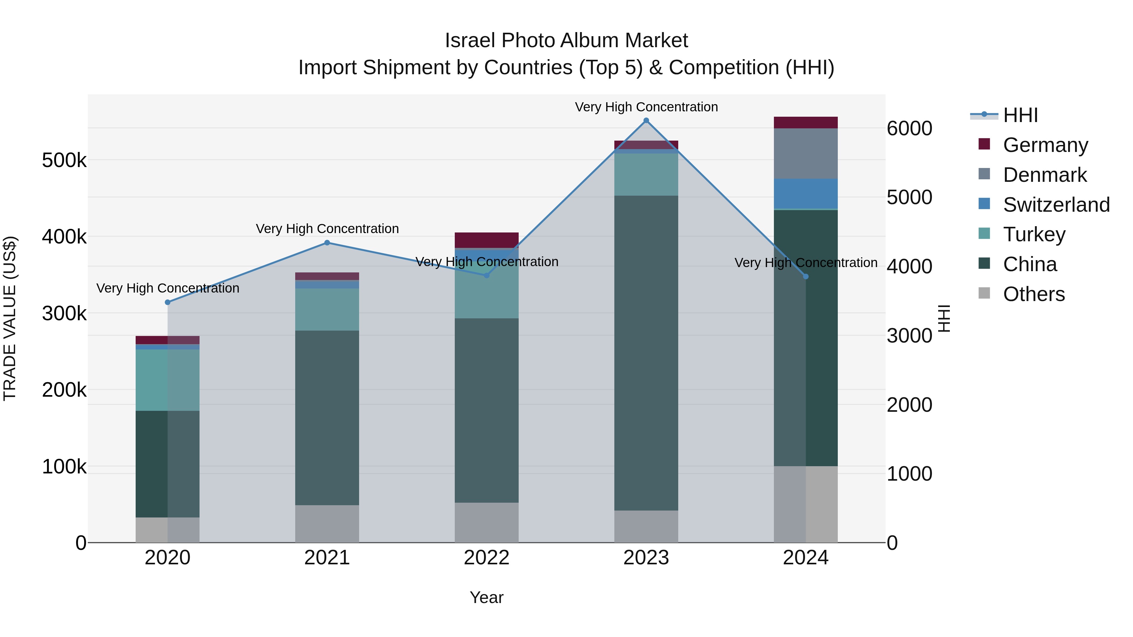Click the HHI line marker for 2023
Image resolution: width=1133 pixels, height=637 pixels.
(646, 120)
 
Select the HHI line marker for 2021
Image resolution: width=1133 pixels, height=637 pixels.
(327, 243)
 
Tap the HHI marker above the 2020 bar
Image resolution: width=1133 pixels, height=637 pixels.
(167, 302)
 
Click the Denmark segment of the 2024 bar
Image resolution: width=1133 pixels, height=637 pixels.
(805, 154)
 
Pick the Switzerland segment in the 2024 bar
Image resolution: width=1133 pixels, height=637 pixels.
(805, 193)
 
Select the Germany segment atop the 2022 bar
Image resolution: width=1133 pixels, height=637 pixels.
(487, 240)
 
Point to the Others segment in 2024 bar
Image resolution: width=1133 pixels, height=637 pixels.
(805, 504)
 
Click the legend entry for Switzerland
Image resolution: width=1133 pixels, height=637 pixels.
(1056, 205)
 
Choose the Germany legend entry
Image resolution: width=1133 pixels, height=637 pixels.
(1045, 145)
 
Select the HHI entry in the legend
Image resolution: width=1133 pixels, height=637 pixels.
(1020, 115)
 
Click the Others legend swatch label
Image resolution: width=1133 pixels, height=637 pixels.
(1034, 294)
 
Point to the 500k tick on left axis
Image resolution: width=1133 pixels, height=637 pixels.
(64, 160)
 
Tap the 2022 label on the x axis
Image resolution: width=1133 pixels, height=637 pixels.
(487, 558)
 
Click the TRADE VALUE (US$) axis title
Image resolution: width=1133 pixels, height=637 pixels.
(10, 318)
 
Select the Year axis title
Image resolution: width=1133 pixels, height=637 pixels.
(487, 597)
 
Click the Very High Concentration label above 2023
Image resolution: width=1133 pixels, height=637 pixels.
(646, 107)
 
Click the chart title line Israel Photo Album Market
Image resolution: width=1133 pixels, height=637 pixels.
(566, 41)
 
